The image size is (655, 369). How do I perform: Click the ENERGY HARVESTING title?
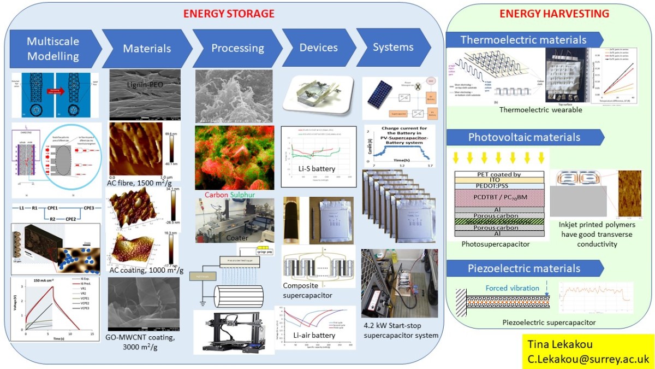click(553, 13)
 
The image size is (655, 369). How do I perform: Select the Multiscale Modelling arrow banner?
click(53, 48)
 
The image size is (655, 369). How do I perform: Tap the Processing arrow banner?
click(237, 48)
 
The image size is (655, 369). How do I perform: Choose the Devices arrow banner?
click(318, 48)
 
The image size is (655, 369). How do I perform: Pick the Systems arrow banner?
click(392, 48)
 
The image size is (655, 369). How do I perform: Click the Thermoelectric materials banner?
click(523, 39)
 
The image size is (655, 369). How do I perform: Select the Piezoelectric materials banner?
click(523, 268)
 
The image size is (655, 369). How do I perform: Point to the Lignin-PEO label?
click(145, 85)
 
